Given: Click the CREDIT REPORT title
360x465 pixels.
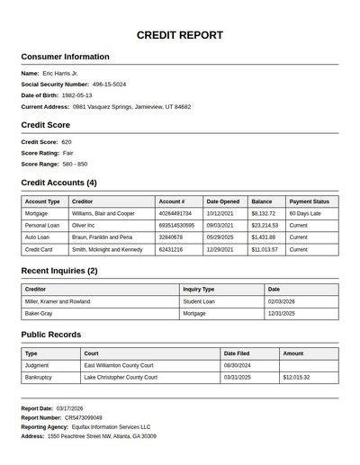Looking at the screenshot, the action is tap(180, 35).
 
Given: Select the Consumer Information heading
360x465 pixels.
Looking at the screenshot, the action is tap(65, 57).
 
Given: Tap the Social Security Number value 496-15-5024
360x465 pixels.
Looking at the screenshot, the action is tap(109, 84).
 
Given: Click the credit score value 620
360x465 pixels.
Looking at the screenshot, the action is tap(67, 142).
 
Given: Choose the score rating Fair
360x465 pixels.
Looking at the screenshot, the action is tap(68, 153).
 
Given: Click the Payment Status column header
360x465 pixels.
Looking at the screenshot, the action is tap(309, 201).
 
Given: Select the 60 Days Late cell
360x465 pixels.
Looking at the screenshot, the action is tap(305, 213).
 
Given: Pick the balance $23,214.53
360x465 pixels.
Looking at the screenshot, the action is tap(265, 225).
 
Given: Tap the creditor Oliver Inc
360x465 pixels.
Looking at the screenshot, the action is tap(85, 225).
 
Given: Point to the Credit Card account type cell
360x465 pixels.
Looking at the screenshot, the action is tap(39, 248).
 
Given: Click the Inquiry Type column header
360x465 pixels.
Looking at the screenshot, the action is tap(199, 290).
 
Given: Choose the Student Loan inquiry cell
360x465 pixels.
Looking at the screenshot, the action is tap(201, 301).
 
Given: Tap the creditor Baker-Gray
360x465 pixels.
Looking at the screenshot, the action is tap(39, 314).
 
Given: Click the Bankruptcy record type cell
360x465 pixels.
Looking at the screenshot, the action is tap(39, 378).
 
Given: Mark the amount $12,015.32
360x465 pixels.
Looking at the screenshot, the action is tap(296, 378).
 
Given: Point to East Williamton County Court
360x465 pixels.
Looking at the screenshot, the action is tap(119, 366).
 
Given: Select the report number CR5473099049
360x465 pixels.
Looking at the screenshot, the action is tap(84, 417).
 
